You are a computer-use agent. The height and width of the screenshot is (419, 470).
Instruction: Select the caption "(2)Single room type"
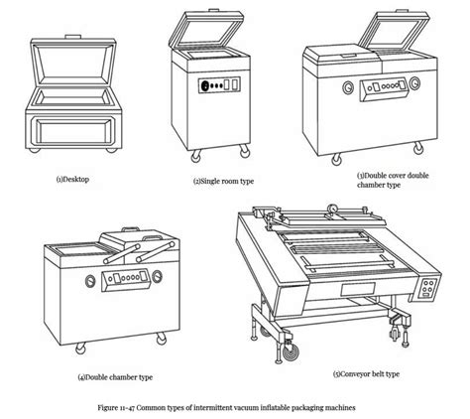225,182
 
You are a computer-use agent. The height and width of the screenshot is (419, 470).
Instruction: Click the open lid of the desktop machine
76,62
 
